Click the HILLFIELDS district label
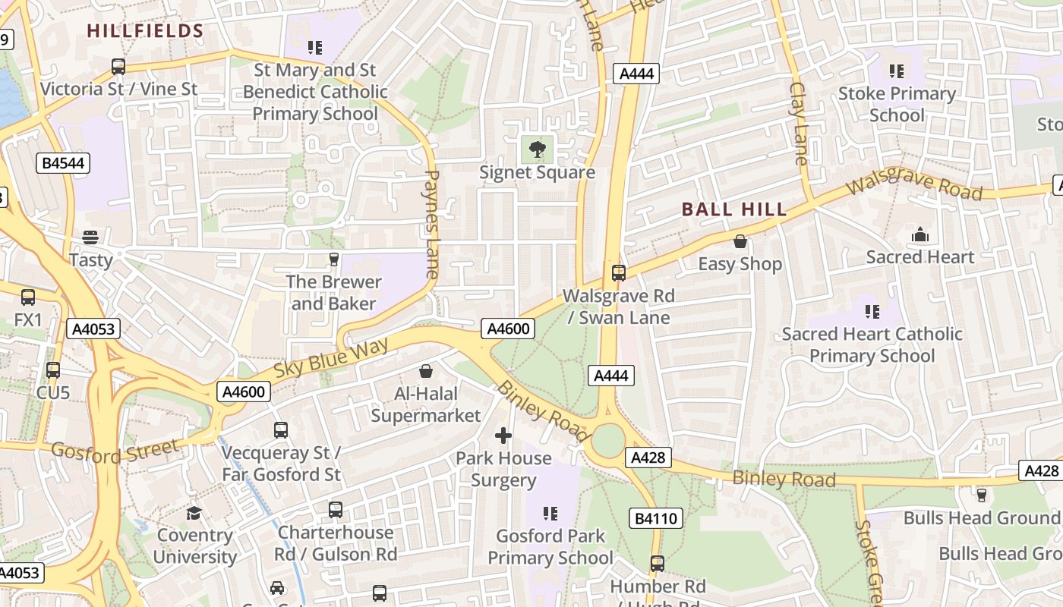[145, 31]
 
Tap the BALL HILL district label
[733, 209]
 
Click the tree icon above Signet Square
[537, 149]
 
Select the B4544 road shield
[63, 163]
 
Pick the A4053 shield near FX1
[93, 329]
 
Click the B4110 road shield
[656, 519]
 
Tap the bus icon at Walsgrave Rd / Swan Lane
[619, 273]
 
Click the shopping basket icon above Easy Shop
[740, 242]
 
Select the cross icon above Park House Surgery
[503, 436]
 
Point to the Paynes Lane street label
[431, 224]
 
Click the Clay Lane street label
[799, 123]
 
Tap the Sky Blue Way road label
[331, 359]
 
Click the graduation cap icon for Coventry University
[194, 513]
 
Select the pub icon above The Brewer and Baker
[333, 260]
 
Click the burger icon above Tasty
[90, 237]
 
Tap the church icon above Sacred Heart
[920, 235]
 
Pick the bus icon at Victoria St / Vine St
[118, 67]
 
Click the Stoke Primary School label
[897, 104]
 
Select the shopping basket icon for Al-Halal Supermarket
[426, 372]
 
